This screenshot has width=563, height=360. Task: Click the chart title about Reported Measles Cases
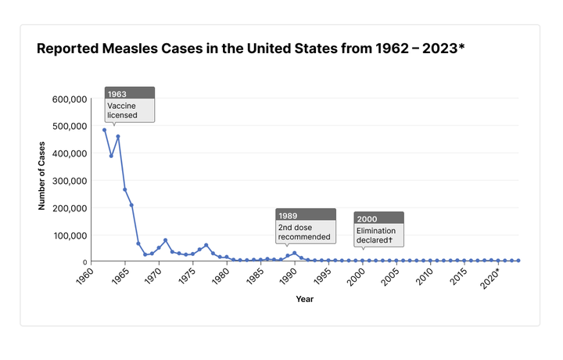point(250,49)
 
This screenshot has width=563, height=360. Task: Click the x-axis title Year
point(305,298)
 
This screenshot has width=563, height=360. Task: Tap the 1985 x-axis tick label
point(253,277)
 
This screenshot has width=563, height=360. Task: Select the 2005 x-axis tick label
point(389,277)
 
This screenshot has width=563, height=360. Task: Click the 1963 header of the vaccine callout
point(130,94)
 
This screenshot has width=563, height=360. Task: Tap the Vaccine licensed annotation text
point(123,110)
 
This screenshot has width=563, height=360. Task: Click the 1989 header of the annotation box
point(306,215)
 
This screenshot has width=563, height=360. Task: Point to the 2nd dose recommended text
point(305,232)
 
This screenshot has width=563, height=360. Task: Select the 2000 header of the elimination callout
point(378,218)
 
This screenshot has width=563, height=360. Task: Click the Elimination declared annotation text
point(377,235)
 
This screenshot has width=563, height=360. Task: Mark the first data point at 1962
point(104,130)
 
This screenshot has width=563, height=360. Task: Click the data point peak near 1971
point(165,240)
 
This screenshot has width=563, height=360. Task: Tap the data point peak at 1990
point(294,253)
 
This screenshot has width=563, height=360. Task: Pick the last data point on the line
point(518,261)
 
